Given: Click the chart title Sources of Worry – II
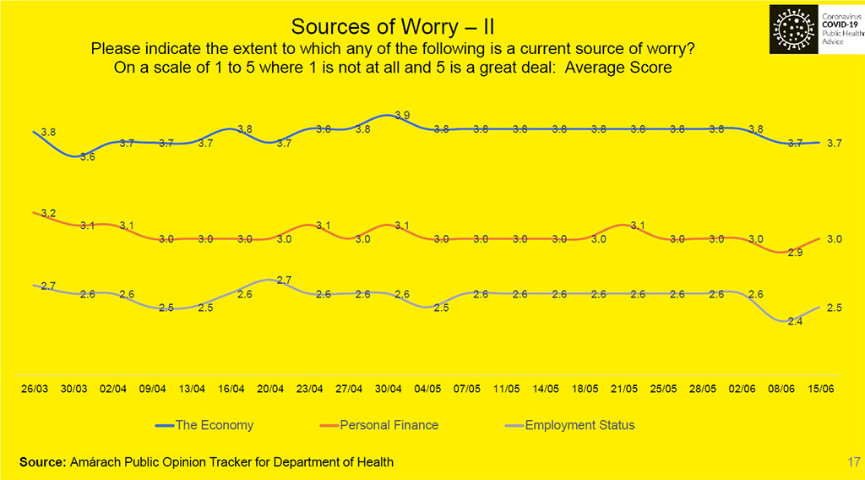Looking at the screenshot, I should [x=392, y=24].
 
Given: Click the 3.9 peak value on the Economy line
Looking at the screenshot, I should [x=403, y=115].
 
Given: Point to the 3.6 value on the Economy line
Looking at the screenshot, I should [x=87, y=157].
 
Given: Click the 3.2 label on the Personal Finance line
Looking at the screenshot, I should [x=48, y=213].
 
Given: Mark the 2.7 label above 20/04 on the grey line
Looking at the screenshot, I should [x=285, y=280].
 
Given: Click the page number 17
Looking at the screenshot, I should [x=851, y=461].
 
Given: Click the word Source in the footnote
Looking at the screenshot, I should [x=41, y=462].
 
